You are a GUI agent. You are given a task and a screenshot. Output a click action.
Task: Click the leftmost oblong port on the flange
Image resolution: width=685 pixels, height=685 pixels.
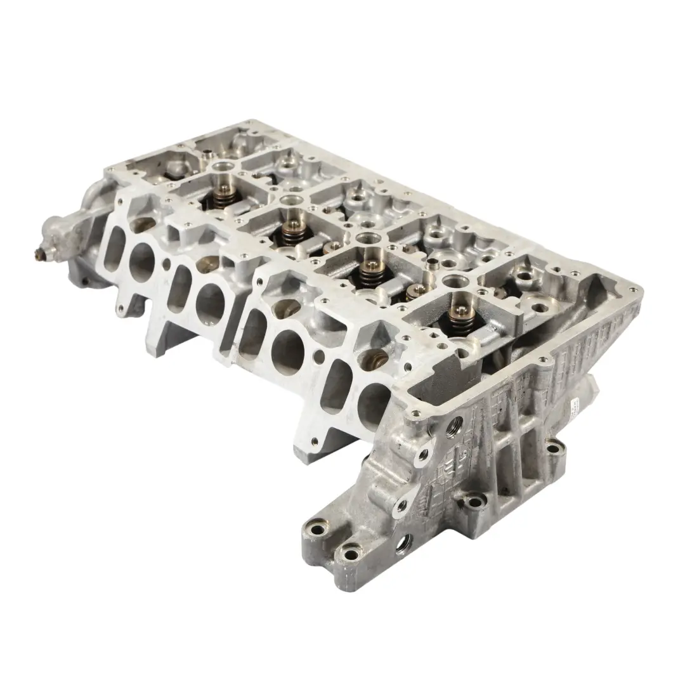tap(114, 245)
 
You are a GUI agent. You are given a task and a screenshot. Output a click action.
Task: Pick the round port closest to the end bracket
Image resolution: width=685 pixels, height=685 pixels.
tap(374, 403)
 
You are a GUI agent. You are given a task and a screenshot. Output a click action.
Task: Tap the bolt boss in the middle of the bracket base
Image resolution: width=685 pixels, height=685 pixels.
tap(473, 503)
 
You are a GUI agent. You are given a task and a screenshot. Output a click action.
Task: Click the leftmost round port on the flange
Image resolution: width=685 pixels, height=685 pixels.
tap(141, 261)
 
